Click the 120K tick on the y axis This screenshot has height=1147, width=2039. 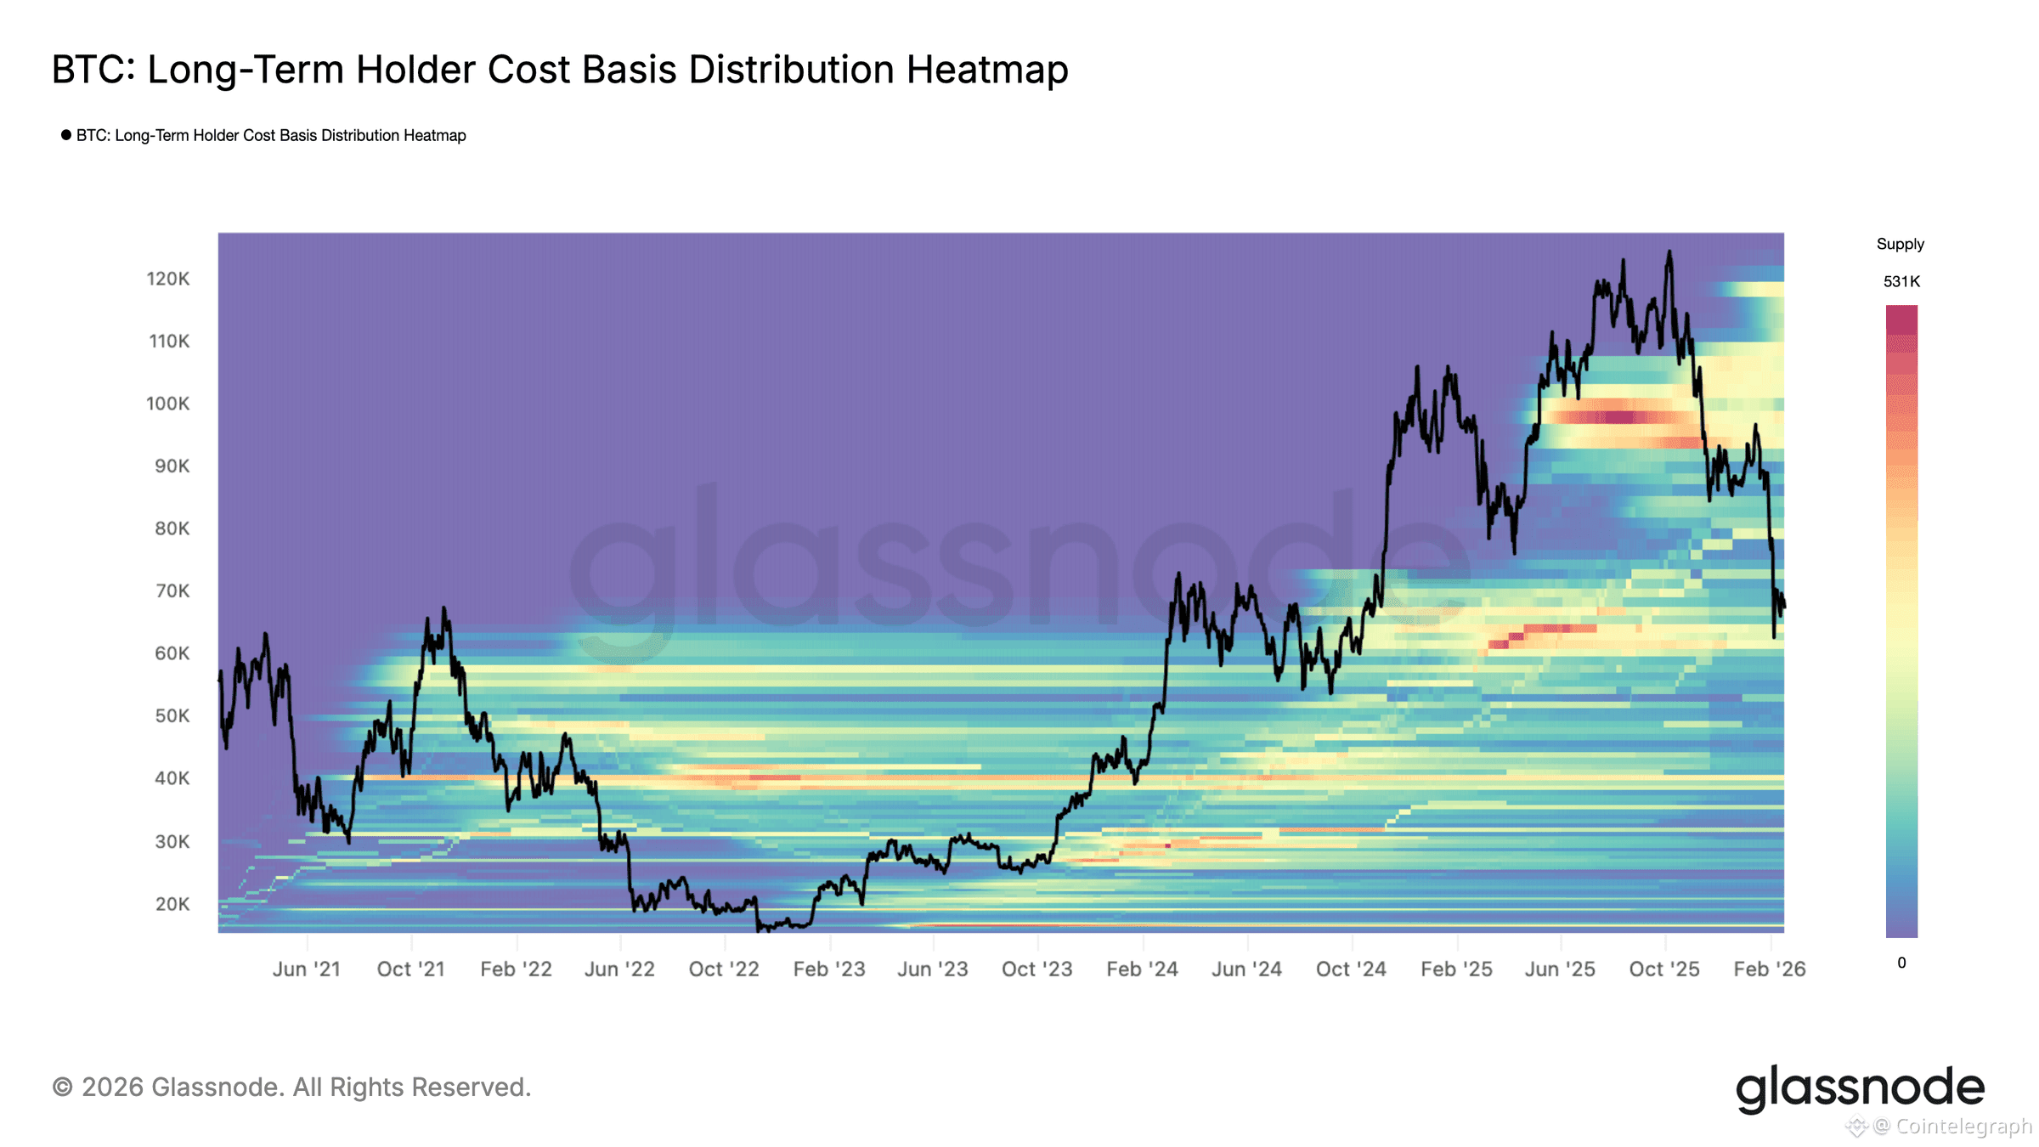pos(167,279)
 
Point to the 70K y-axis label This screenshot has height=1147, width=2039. pos(172,590)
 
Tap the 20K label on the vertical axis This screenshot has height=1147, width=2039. pos(172,904)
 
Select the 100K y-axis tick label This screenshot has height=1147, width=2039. pos(167,404)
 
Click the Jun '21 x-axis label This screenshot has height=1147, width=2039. pos(306,969)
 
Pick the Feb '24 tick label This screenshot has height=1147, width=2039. pos(1142,969)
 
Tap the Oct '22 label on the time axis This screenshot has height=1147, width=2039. pos(724,969)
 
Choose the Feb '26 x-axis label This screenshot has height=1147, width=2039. pos(1769,969)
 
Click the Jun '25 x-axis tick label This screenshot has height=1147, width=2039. pos(1560,969)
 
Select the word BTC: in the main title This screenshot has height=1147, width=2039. pos(93,70)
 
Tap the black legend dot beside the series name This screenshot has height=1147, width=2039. pos(66,135)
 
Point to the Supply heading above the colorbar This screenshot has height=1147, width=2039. pos(1900,245)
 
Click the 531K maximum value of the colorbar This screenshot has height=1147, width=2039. pos(1901,282)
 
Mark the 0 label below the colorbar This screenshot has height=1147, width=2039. pos(1901,963)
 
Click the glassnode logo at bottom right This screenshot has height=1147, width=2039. pos(1859,1088)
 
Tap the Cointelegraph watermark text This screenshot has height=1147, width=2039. pos(1963,1127)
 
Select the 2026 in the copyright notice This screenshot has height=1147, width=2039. pos(112,1088)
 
